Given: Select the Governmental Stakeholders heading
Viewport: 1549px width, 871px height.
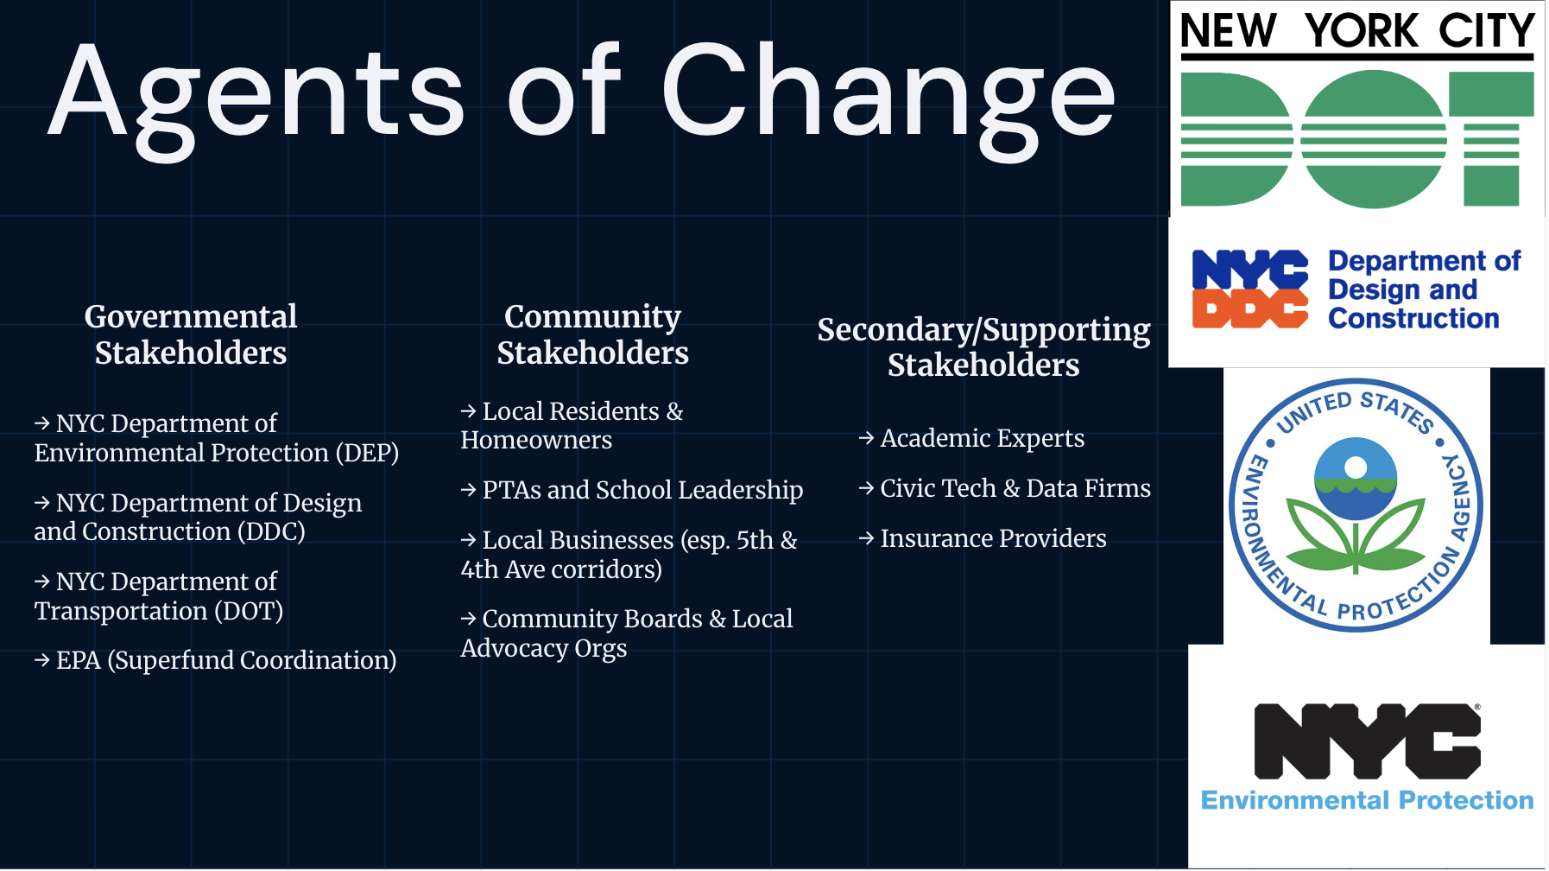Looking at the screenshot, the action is (191, 334).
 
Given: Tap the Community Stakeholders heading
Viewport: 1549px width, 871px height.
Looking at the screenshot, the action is (593, 334).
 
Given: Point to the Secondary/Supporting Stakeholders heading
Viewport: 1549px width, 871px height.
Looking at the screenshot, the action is (983, 346).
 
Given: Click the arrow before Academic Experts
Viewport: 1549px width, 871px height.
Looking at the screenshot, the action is (867, 438).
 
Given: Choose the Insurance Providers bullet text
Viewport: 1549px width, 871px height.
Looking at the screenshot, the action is (993, 538).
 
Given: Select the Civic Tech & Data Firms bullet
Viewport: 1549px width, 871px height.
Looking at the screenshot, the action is (1015, 488).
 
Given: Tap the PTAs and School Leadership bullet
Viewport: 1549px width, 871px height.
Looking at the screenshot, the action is (642, 490).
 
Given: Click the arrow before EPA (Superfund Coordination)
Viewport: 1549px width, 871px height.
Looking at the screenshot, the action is (42, 660).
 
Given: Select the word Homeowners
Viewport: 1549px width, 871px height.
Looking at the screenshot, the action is (536, 440).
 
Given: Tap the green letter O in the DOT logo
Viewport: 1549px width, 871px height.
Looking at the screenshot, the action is (1374, 139).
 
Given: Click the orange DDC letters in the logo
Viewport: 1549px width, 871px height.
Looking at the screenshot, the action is (1250, 308).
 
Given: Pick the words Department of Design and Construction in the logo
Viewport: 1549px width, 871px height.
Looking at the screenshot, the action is (1425, 289).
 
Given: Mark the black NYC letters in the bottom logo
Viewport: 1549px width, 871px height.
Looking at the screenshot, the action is (1368, 741).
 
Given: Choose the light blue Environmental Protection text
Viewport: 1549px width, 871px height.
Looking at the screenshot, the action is (1368, 800).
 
